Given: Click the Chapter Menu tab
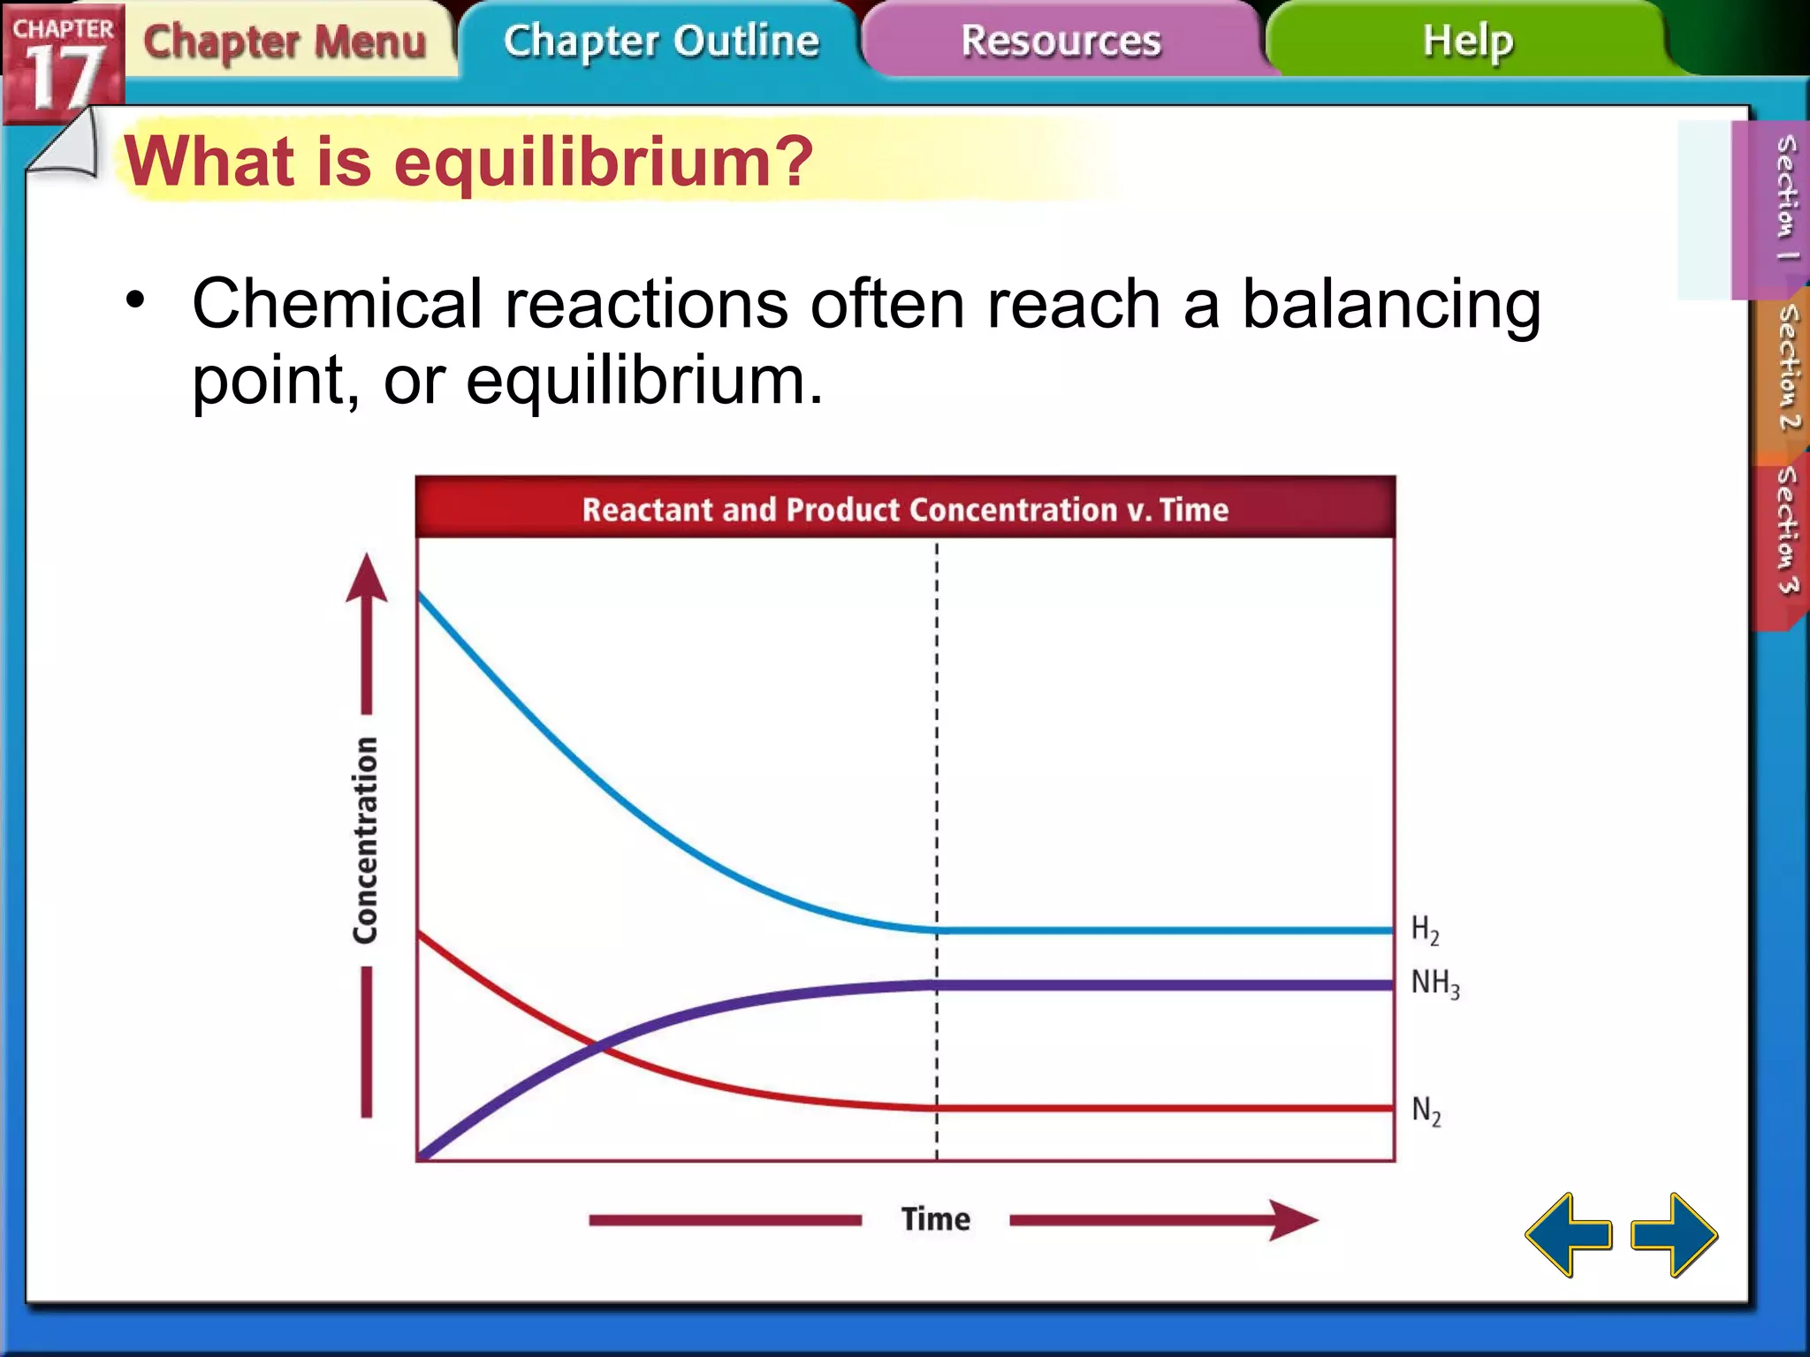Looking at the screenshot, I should click(x=285, y=42).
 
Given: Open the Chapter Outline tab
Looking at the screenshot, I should click(x=661, y=42).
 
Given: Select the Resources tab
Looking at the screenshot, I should click(x=1061, y=42).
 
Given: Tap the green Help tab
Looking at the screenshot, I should click(x=1467, y=42).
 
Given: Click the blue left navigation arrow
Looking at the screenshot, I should click(x=1569, y=1234).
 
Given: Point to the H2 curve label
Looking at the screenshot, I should click(x=1425, y=929).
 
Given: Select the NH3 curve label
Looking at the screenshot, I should click(x=1435, y=983).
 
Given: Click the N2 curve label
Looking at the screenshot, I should click(x=1426, y=1111).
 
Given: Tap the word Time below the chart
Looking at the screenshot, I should click(x=935, y=1219).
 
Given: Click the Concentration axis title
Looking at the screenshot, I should click(x=366, y=839).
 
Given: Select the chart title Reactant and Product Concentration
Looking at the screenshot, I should click(x=905, y=510).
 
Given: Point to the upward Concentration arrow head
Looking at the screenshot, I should click(x=366, y=579).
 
